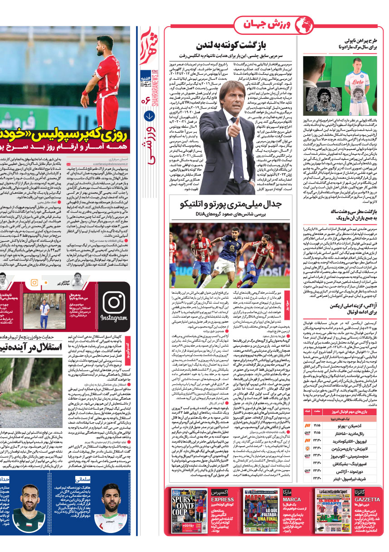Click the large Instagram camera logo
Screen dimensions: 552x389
tap(114, 302)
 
